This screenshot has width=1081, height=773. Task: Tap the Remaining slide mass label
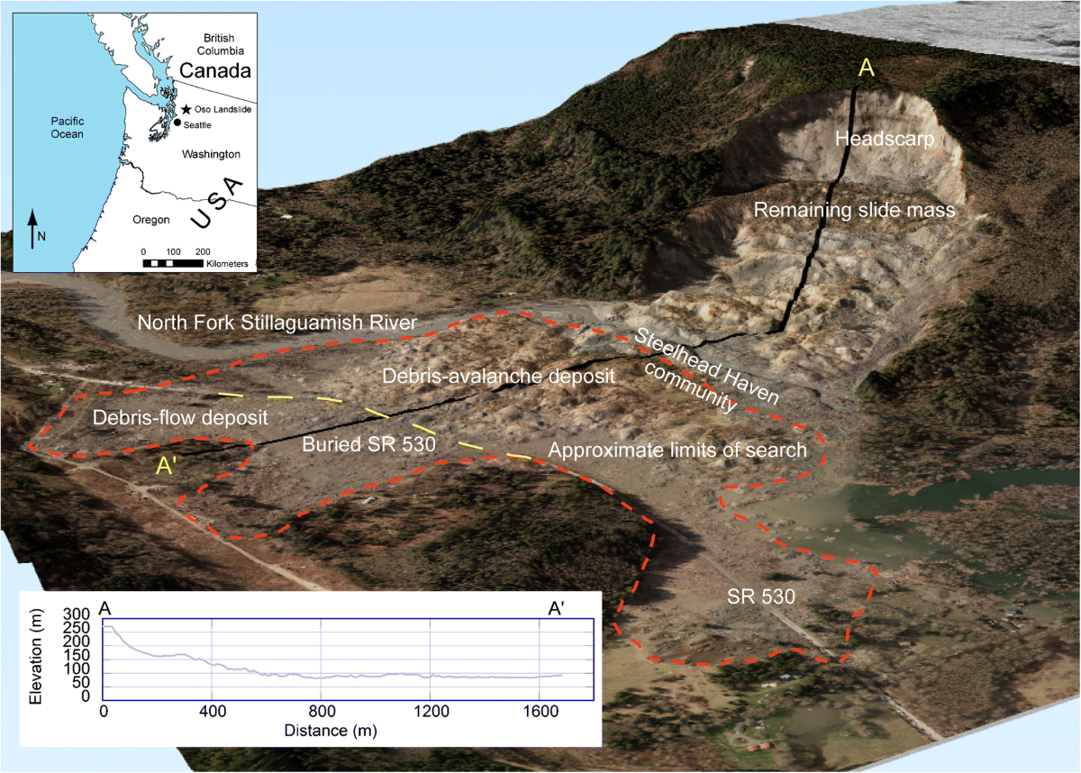pos(854,211)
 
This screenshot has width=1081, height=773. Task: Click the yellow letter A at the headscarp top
pos(866,68)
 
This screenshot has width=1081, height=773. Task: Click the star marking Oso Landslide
pos(185,109)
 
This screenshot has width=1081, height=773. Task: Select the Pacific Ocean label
pos(67,127)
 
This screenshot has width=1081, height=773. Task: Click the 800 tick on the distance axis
pos(321,710)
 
